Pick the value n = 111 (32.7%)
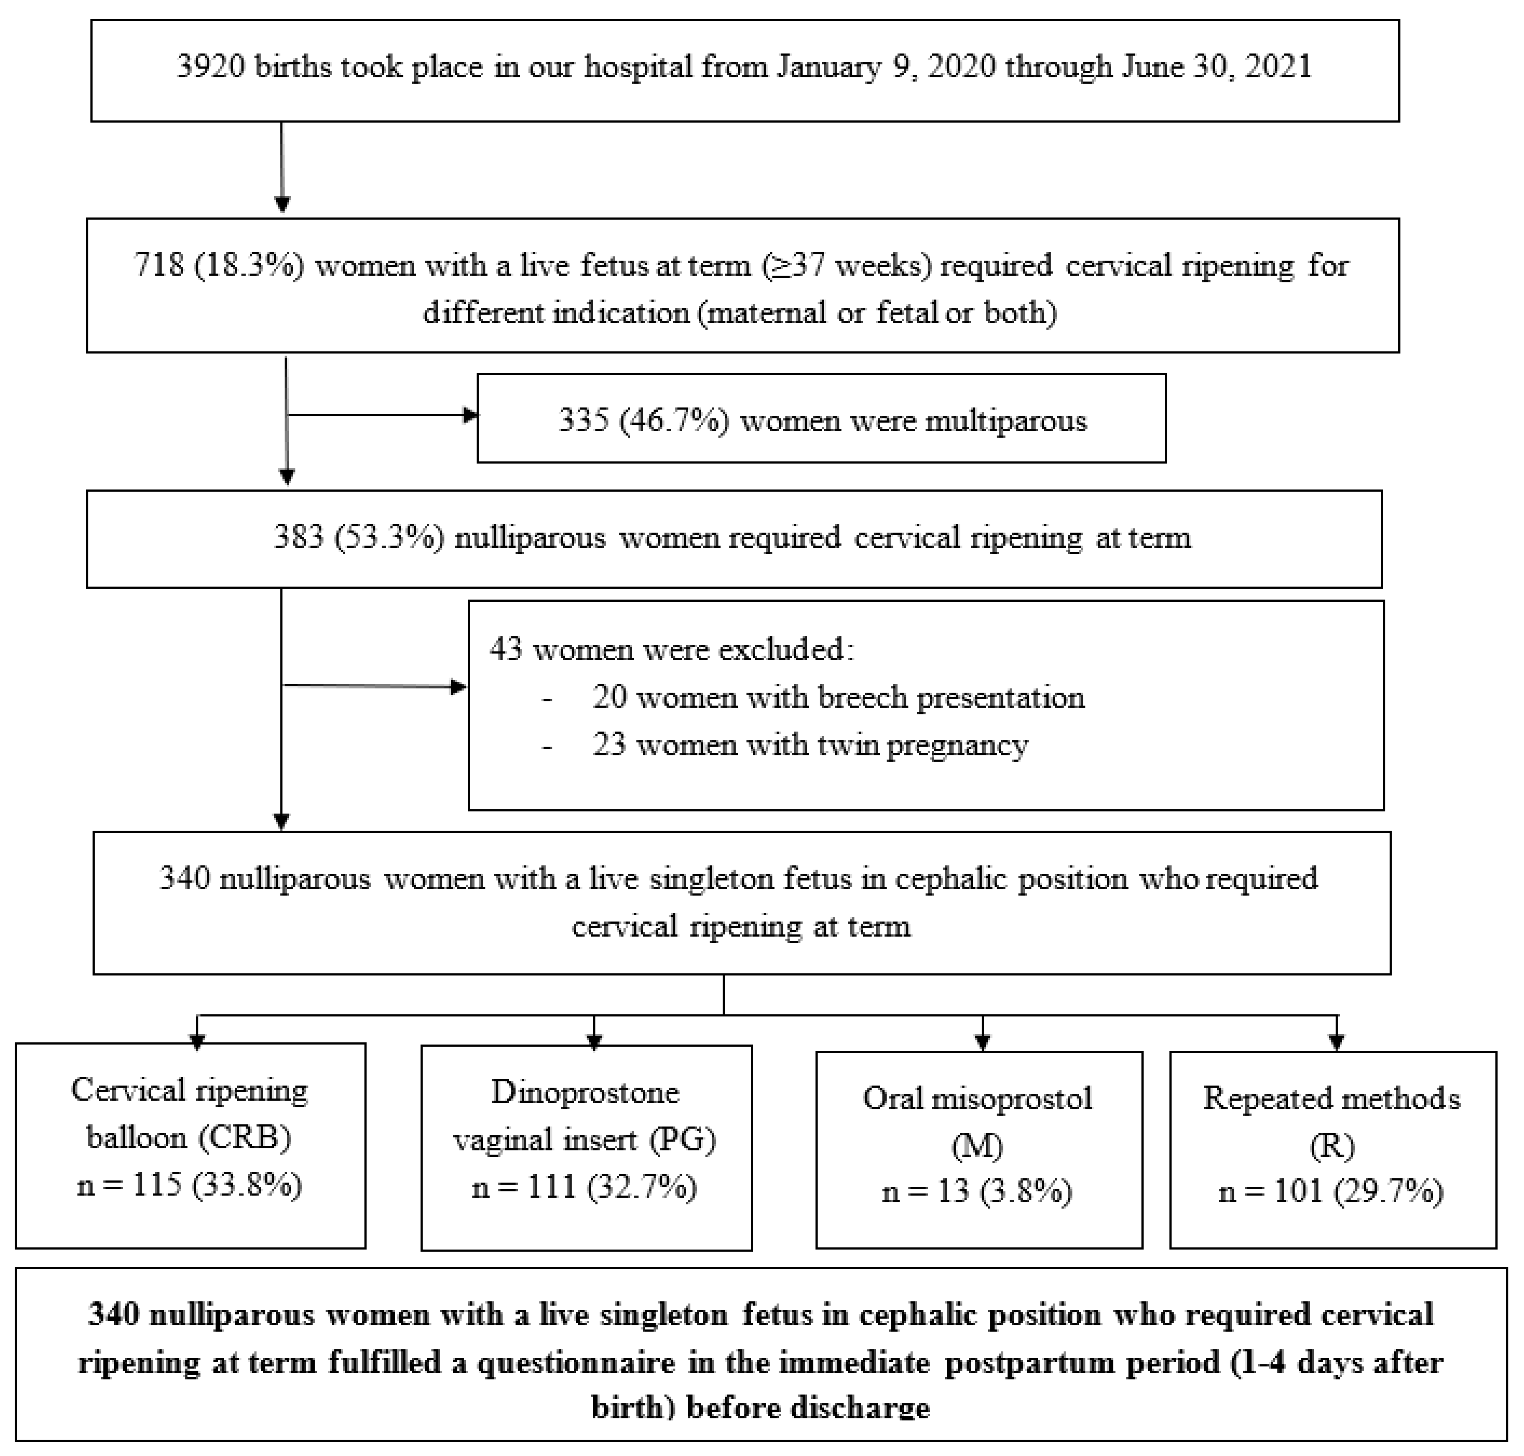[584, 1187]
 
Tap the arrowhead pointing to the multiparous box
[470, 415]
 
